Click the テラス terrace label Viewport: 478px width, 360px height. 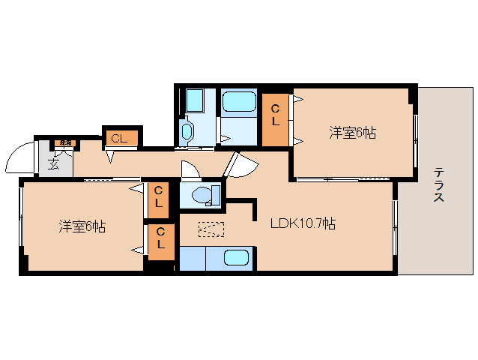[439, 185]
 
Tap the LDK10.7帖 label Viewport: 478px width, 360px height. [303, 223]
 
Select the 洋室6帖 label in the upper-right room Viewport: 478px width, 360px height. [352, 133]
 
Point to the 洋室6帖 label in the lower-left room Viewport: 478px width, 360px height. [82, 226]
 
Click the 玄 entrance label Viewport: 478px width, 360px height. [54, 165]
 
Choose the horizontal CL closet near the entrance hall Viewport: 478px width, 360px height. [119, 138]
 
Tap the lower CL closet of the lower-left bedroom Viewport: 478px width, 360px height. [160, 241]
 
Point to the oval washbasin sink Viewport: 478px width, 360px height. [187, 133]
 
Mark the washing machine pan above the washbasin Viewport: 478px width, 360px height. [195, 100]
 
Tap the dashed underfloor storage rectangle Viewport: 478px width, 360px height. [211, 229]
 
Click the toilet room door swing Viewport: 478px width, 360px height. [190, 169]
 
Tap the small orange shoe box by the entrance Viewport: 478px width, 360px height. [66, 142]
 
